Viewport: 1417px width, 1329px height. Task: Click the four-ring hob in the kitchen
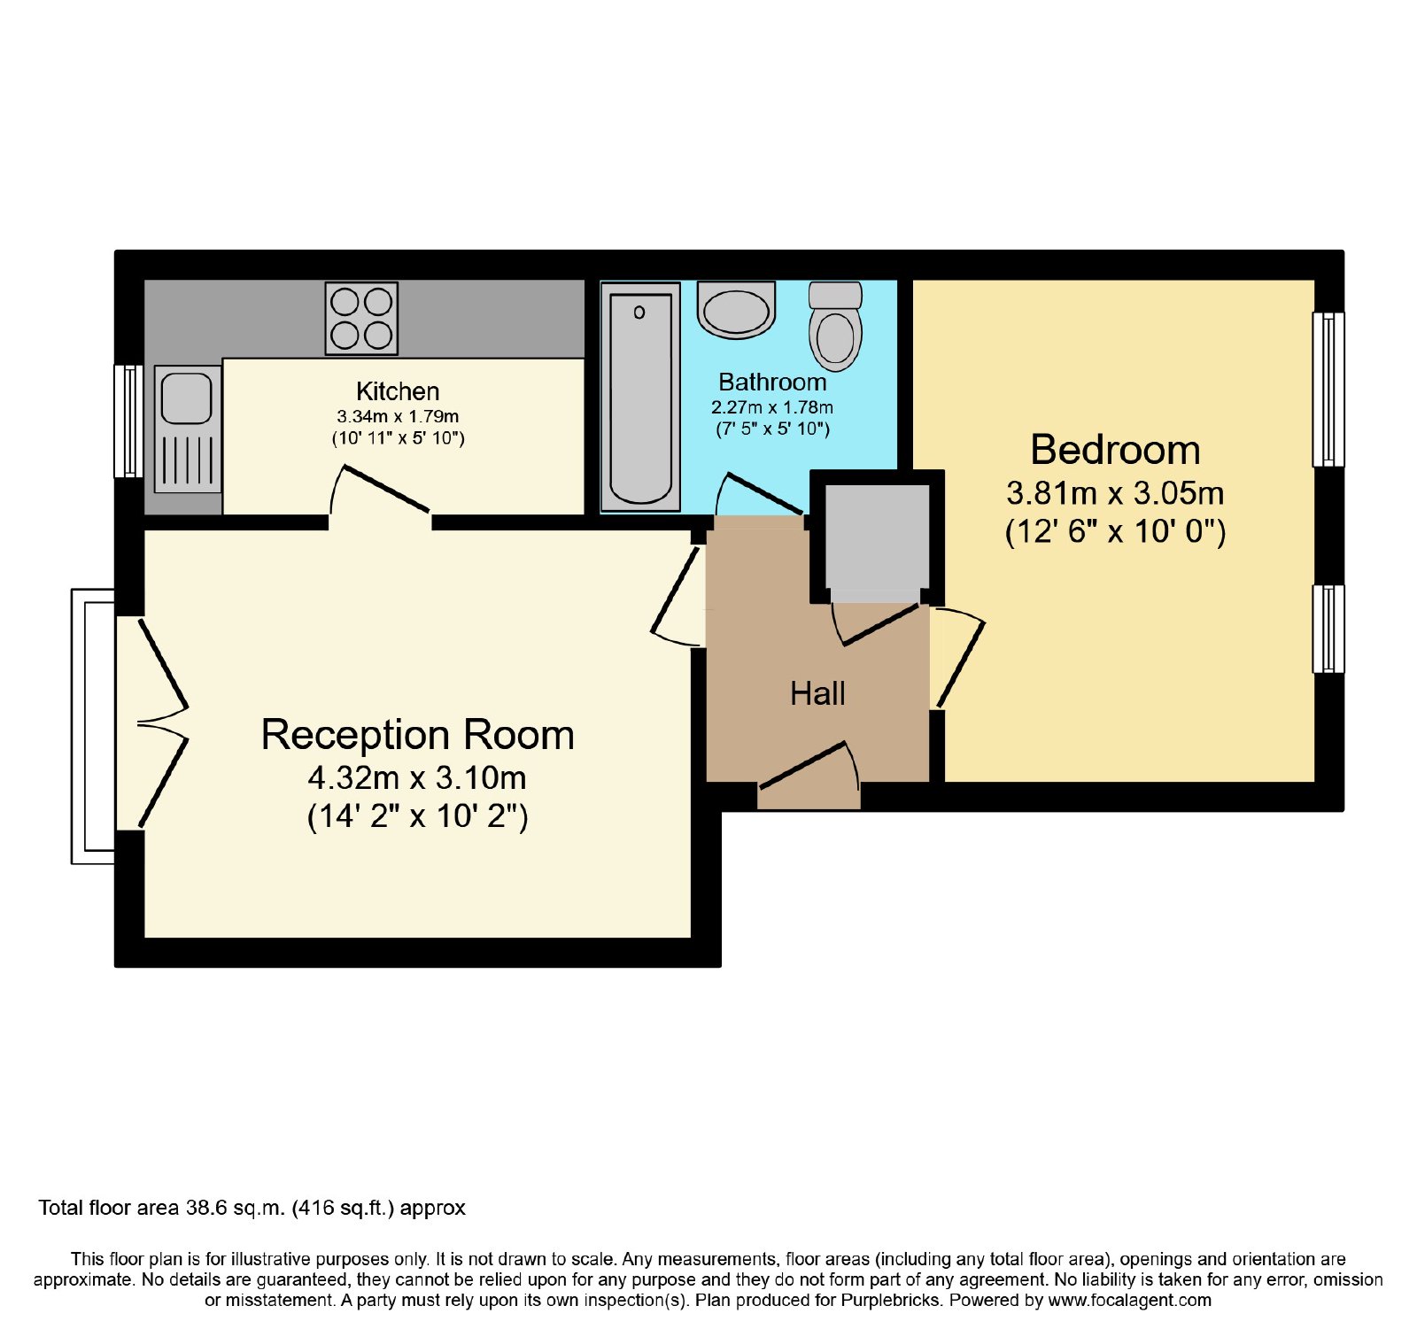pyautogui.click(x=361, y=318)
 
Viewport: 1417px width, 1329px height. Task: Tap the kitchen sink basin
pyautogui.click(x=187, y=398)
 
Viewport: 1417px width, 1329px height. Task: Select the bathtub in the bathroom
pyautogui.click(x=640, y=397)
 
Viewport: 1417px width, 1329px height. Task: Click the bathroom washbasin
pyautogui.click(x=736, y=310)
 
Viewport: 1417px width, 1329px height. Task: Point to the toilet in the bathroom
pyautogui.click(x=835, y=326)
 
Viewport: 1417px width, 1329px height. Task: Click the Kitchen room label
pyautogui.click(x=398, y=391)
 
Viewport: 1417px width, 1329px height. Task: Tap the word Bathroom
pyautogui.click(x=772, y=382)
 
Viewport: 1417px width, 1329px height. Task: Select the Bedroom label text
pyautogui.click(x=1115, y=450)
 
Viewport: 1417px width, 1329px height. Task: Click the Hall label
pyautogui.click(x=817, y=693)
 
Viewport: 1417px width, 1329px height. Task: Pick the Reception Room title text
pyautogui.click(x=418, y=735)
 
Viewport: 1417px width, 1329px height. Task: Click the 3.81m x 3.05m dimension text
pyautogui.click(x=1115, y=492)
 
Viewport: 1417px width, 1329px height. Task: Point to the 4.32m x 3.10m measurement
pyautogui.click(x=417, y=777)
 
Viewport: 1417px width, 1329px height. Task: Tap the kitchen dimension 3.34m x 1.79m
pyautogui.click(x=398, y=416)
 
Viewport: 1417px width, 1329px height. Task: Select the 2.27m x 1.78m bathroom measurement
pyautogui.click(x=772, y=407)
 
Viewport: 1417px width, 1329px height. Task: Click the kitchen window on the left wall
pyautogui.click(x=129, y=421)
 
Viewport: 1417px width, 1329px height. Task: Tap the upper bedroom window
pyautogui.click(x=1328, y=389)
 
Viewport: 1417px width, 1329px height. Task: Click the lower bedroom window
pyautogui.click(x=1328, y=629)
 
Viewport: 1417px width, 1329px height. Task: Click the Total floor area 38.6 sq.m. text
pyautogui.click(x=252, y=1208)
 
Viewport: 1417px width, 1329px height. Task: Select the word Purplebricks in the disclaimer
pyautogui.click(x=889, y=1301)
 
